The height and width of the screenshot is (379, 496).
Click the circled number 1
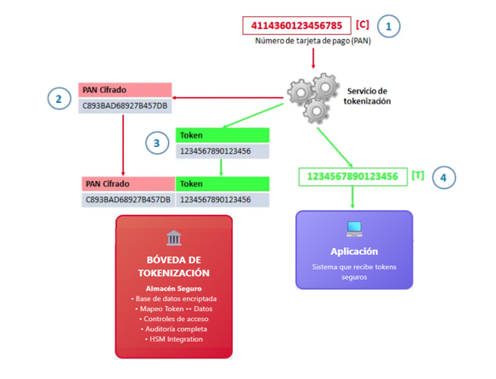(x=387, y=26)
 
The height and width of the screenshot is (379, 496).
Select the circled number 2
(x=59, y=99)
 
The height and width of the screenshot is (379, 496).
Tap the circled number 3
(x=156, y=143)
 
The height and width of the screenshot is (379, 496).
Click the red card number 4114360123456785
(x=296, y=25)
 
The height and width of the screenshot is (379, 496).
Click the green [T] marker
(x=417, y=177)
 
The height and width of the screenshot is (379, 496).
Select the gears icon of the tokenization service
(x=311, y=95)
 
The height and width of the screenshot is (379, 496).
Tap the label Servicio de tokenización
(x=368, y=96)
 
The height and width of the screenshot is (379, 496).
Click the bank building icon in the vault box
(x=174, y=238)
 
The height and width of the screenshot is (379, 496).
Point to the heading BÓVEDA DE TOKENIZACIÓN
(x=174, y=266)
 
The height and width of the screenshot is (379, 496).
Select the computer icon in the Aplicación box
(x=354, y=229)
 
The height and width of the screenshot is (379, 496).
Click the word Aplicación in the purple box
(x=354, y=252)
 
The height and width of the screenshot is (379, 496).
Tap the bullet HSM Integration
(x=174, y=339)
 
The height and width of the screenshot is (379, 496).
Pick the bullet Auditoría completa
(x=174, y=329)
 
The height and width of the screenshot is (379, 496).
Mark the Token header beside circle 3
(x=223, y=134)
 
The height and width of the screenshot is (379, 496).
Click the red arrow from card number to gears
(x=313, y=58)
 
